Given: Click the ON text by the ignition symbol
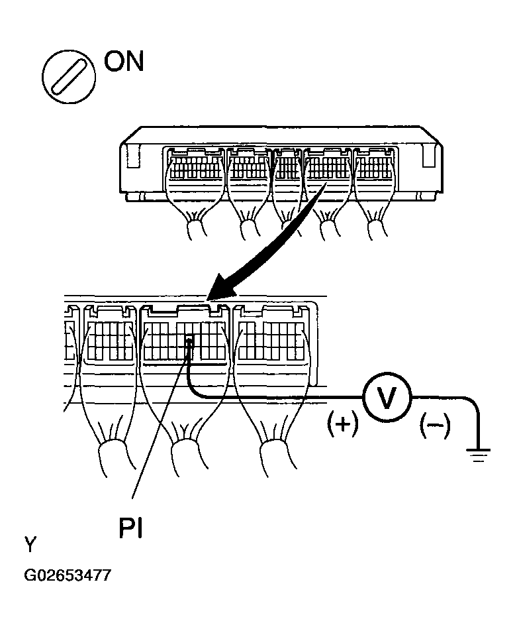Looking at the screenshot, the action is [x=123, y=62].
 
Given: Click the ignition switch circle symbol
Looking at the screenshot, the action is [x=69, y=77].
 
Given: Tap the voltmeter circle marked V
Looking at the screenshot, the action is [x=387, y=398].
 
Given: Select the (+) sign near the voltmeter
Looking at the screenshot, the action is [x=342, y=425].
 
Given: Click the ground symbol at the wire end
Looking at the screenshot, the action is [x=479, y=455].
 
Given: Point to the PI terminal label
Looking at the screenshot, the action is [x=130, y=528].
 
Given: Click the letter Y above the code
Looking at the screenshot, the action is [x=30, y=545].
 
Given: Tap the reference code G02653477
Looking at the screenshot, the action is [x=67, y=575].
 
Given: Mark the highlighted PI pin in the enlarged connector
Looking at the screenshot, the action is [x=189, y=343].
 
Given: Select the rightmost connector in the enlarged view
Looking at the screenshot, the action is [x=273, y=336].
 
